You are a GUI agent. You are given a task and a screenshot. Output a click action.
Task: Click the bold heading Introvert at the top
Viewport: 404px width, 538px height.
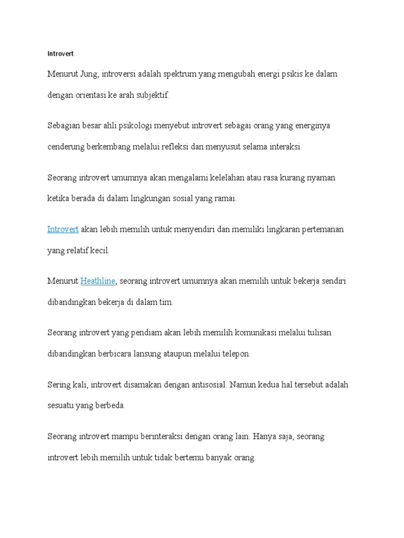[x=60, y=54]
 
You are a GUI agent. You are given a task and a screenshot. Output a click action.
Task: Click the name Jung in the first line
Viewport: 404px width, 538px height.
[x=87, y=74]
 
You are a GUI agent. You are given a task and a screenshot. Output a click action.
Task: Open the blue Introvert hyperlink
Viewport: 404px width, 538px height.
[x=63, y=230]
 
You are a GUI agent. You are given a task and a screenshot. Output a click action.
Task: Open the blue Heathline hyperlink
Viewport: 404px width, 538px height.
[x=98, y=281]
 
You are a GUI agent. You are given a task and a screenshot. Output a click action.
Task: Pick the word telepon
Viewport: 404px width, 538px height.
[x=235, y=354]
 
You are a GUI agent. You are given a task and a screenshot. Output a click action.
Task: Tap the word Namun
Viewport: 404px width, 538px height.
[x=244, y=385]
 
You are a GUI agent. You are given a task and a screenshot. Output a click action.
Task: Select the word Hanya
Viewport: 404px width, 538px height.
[x=268, y=436]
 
